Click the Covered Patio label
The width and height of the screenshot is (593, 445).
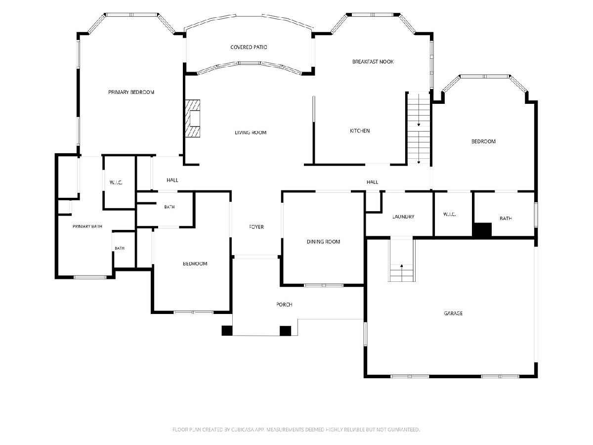pos(249,47)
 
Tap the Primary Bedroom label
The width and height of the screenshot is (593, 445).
pos(131,92)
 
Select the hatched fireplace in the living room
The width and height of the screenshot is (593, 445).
pos(192,118)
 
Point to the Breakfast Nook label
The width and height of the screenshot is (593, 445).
pos(373,62)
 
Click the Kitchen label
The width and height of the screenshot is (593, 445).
pos(360,131)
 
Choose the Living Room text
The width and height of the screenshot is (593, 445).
pos(251,133)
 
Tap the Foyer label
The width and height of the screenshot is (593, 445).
pos(256,227)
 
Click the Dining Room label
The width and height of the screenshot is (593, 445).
pos(323,242)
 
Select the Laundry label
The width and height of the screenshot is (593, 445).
pos(403,217)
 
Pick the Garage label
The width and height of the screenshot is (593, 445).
pos(453,313)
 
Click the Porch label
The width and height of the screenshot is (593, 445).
pos(284,305)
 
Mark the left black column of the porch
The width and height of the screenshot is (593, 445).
pos(227,331)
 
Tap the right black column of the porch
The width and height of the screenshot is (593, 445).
pos(285,331)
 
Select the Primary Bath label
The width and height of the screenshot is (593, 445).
pos(87,226)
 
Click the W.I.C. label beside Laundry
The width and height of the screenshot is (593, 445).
pos(450,214)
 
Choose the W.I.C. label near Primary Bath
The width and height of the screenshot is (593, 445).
pos(116,182)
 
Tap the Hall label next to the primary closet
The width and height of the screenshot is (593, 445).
pos(172,180)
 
